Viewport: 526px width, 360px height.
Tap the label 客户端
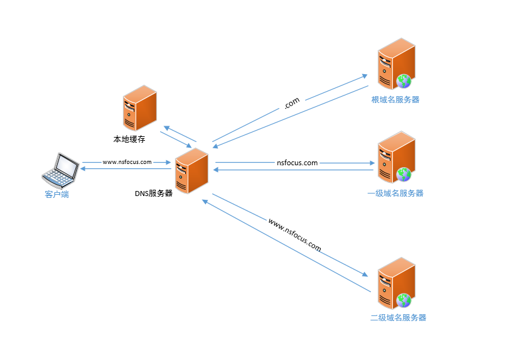57,195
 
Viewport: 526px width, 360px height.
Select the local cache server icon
139,109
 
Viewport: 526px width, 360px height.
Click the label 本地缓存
129,139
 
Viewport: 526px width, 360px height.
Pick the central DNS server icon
191,172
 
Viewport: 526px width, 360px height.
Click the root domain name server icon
395,64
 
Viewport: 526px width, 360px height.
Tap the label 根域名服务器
395,99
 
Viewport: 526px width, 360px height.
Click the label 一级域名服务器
395,193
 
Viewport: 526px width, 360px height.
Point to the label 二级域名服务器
398,317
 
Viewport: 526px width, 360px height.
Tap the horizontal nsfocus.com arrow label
297,162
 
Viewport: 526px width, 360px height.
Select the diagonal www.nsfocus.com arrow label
294,235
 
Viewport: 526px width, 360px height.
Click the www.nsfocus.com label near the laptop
127,161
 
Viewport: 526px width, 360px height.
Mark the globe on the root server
403,80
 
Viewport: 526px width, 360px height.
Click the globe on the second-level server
403,300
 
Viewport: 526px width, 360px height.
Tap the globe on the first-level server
403,174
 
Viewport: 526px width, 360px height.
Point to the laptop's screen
65,164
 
